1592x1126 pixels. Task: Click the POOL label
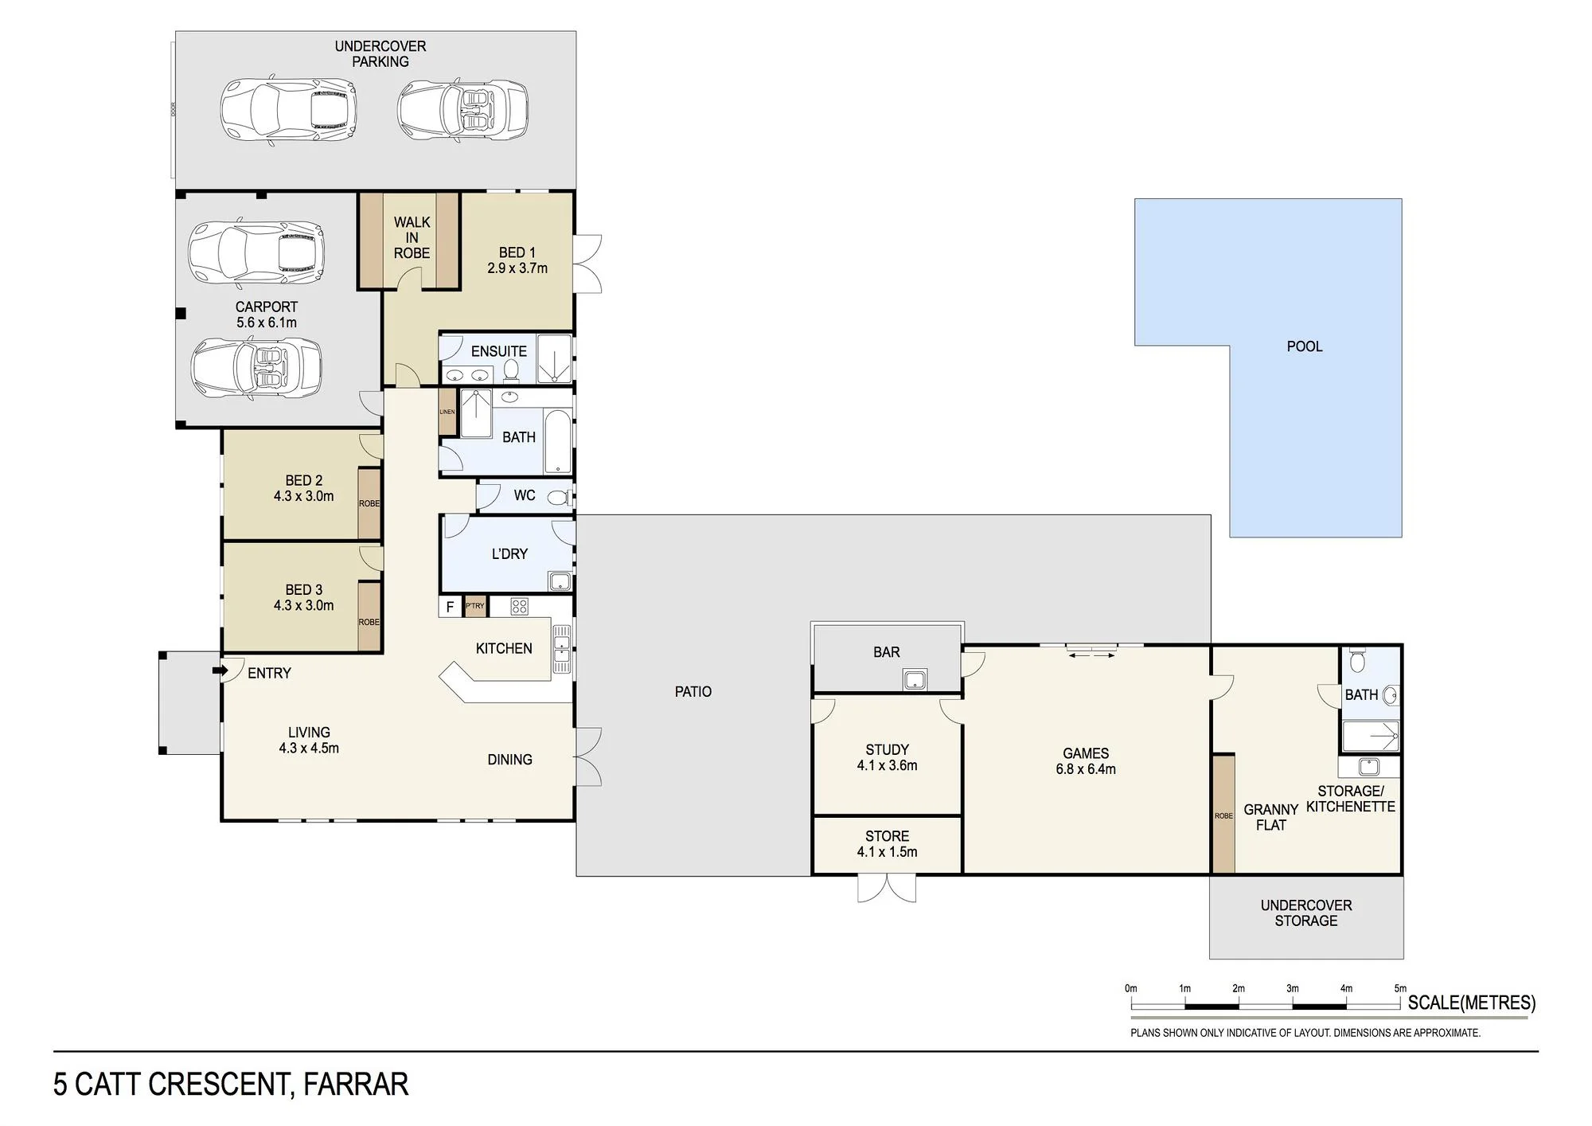coord(1305,346)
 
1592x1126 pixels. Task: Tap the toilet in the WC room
coord(559,498)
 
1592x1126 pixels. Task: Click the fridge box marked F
coord(451,607)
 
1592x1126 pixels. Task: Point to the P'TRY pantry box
coord(475,607)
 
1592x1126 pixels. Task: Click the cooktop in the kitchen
coord(520,607)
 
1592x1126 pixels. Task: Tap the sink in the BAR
coord(915,679)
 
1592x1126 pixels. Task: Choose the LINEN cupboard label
coord(447,412)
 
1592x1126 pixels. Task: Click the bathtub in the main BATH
coord(558,443)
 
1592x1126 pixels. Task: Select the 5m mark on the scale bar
coord(1400,989)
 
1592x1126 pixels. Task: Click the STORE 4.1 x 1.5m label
coord(887,844)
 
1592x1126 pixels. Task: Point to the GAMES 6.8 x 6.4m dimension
coord(1086,769)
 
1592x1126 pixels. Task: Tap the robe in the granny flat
coord(1223,814)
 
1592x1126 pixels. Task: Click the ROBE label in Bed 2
coord(369,503)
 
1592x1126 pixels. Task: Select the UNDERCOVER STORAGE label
coord(1306,913)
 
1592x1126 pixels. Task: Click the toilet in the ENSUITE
coord(512,370)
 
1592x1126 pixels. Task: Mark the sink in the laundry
coord(560,581)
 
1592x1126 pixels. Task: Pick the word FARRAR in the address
coord(356,1085)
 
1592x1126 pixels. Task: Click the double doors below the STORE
coord(887,889)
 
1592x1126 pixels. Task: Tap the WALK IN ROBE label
coord(412,237)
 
